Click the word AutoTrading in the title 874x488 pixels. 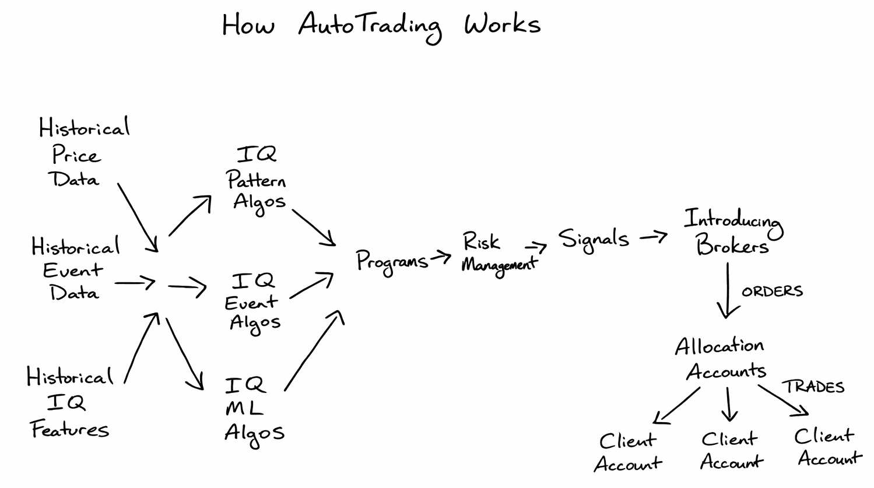[x=369, y=26]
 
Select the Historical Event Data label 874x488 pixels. [x=75, y=269]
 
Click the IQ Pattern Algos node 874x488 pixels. [x=257, y=178]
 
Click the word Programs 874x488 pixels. [x=392, y=261]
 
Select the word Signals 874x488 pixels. [x=594, y=239]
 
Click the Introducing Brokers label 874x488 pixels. [x=732, y=232]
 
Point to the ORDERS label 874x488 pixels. [x=772, y=291]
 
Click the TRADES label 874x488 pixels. [x=813, y=387]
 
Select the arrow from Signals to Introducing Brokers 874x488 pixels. [x=654, y=237]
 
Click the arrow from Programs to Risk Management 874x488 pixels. [x=441, y=257]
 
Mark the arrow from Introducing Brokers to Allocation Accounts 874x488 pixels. [x=726, y=290]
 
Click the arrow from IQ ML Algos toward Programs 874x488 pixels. [x=314, y=350]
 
